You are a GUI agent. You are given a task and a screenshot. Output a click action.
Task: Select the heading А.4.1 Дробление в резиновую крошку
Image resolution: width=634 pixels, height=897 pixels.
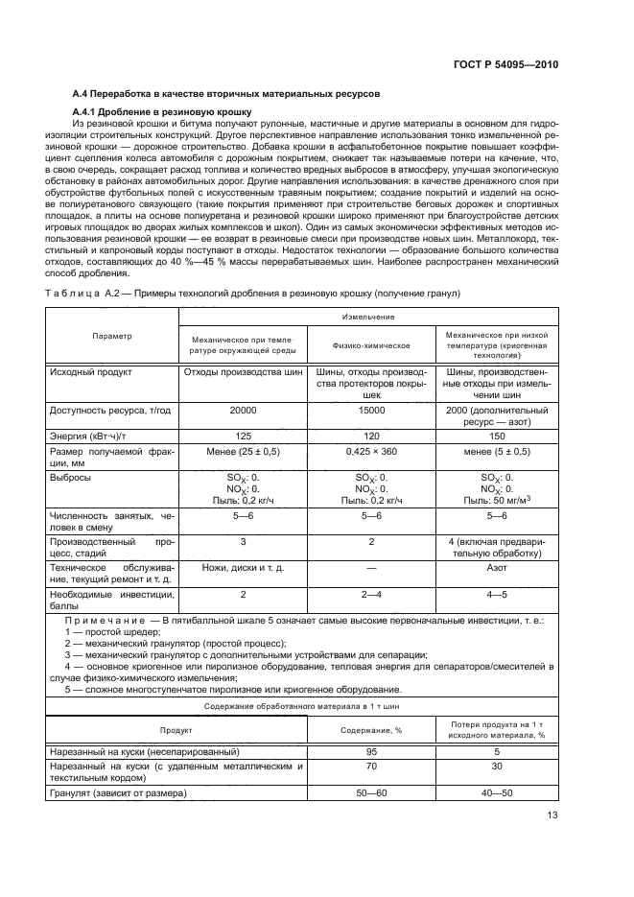point(161,113)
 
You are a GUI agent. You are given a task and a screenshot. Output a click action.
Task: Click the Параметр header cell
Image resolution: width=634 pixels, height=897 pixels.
point(112,336)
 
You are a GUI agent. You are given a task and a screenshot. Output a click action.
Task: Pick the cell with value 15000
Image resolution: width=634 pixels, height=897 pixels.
point(371,410)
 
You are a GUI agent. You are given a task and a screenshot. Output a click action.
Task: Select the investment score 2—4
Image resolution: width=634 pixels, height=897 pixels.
point(371,595)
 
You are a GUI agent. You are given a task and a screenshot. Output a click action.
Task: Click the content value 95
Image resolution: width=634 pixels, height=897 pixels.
point(371,751)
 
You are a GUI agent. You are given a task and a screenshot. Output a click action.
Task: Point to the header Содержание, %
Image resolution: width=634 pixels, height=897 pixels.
point(371,729)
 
